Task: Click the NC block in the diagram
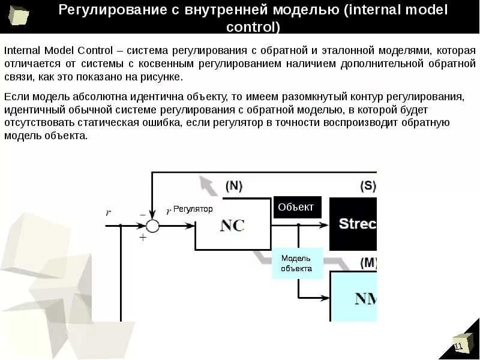pyautogui.click(x=232, y=226)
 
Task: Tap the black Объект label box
pyautogui.click(x=296, y=208)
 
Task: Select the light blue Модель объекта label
pyautogui.click(x=296, y=264)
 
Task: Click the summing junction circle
pyautogui.click(x=152, y=226)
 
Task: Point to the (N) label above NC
pyautogui.click(x=233, y=187)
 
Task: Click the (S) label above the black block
pyautogui.click(x=367, y=187)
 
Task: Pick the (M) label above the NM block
pyautogui.click(x=367, y=263)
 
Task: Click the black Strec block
pyautogui.click(x=354, y=224)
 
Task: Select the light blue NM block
pyautogui.click(x=354, y=297)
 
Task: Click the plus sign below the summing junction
pyautogui.click(x=143, y=237)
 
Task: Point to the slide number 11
pyautogui.click(x=458, y=347)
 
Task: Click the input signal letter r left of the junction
pyautogui.click(x=108, y=212)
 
